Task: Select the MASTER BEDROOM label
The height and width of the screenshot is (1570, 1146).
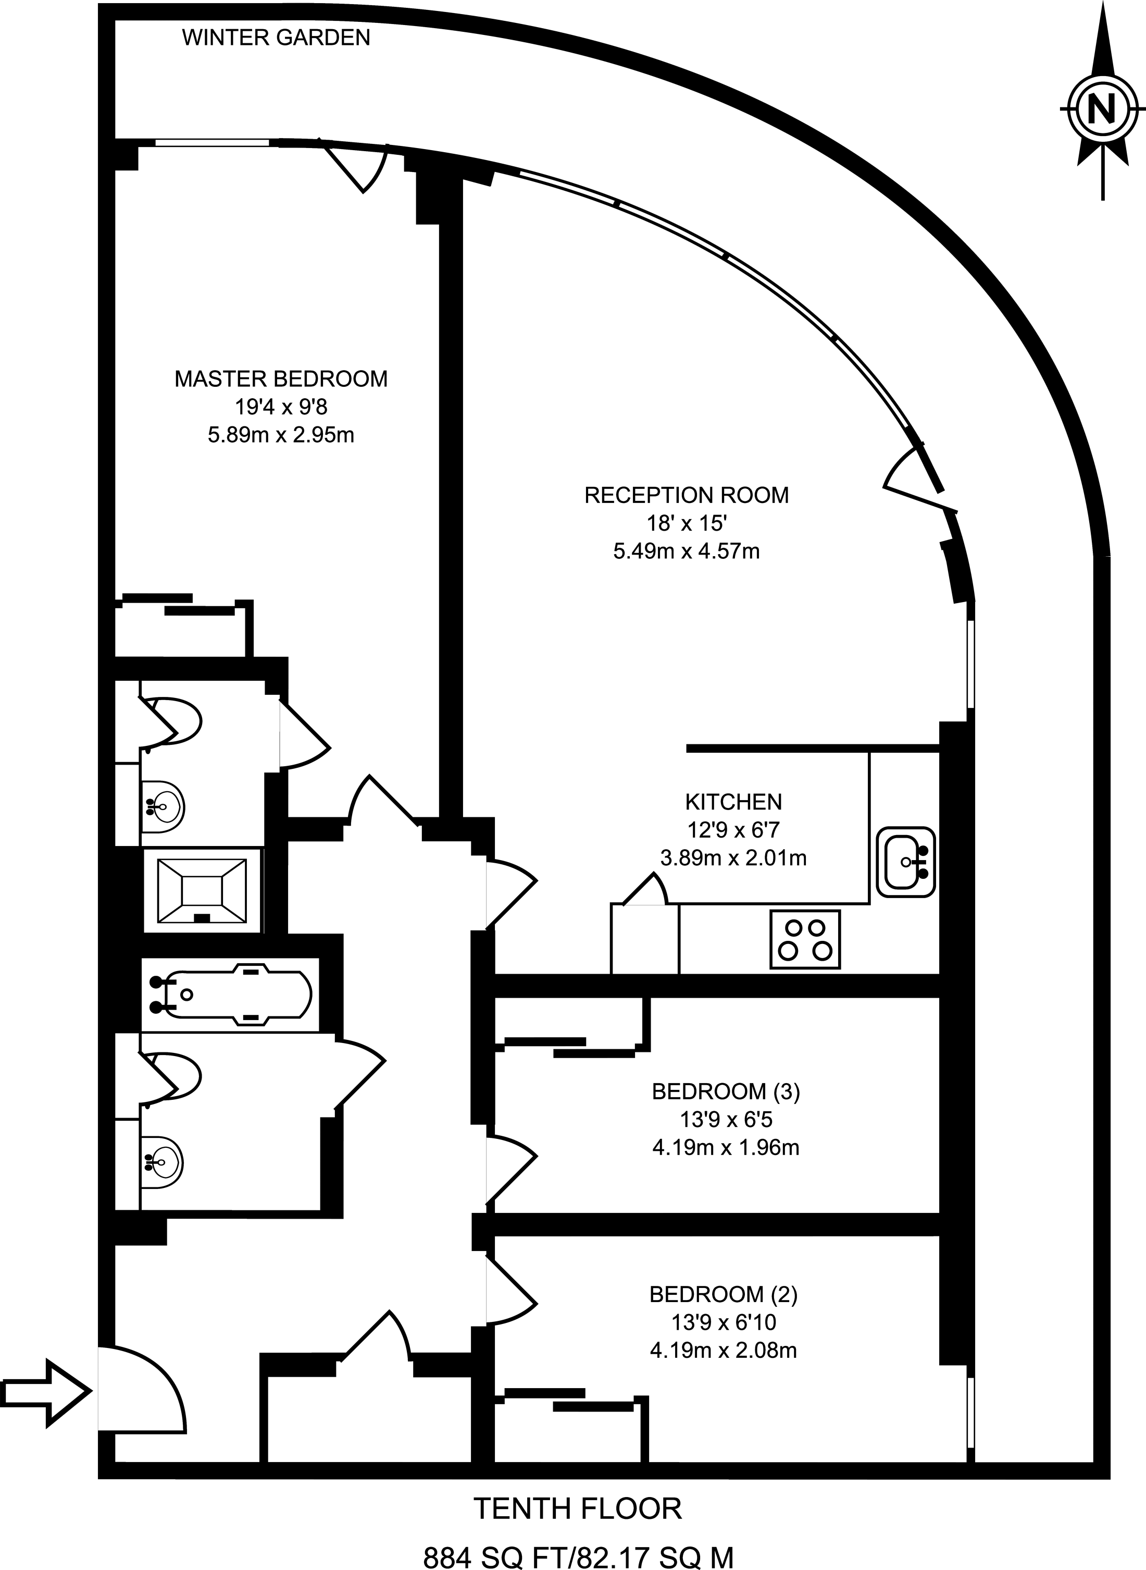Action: pos(280,379)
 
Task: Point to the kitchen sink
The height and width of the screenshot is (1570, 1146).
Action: pos(905,861)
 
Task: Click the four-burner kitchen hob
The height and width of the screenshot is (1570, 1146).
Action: pos(805,939)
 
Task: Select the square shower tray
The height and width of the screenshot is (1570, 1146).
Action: pos(202,890)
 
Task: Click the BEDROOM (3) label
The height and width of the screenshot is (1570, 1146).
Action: pos(725,1092)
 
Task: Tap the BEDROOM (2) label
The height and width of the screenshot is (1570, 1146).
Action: pos(723,1294)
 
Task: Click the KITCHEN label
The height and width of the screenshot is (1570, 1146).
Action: pos(733,802)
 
